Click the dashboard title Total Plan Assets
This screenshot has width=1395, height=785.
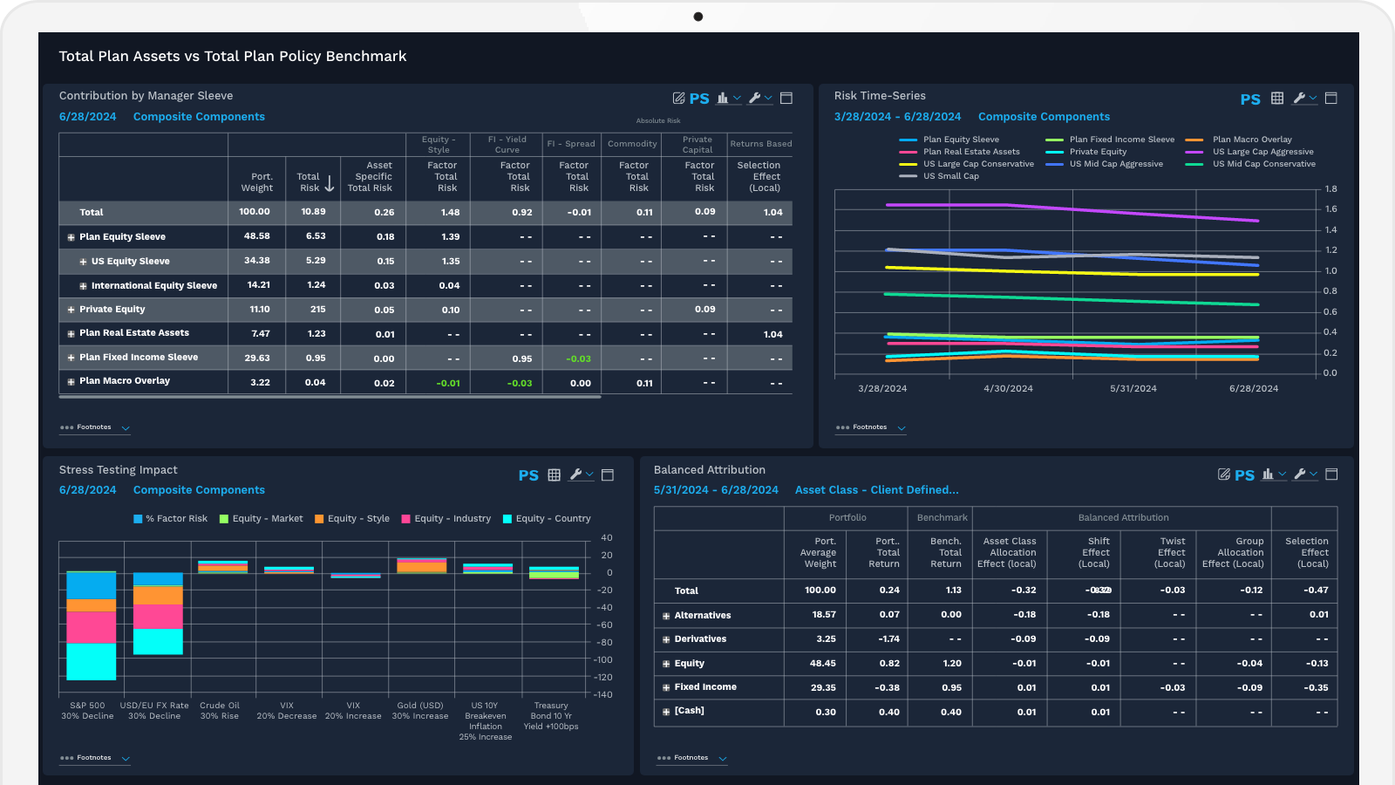click(232, 57)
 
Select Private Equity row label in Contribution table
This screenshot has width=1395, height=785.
click(112, 310)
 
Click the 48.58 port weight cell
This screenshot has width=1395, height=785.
click(256, 236)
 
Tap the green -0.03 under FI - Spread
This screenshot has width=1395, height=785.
click(578, 358)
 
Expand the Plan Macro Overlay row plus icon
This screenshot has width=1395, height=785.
click(71, 382)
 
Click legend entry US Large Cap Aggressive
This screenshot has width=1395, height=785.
click(1262, 152)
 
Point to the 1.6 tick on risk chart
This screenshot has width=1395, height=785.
click(1330, 209)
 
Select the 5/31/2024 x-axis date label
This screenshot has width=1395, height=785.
click(1133, 389)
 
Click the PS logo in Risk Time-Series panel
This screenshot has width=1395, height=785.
click(1249, 99)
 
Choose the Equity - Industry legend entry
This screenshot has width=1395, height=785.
click(452, 519)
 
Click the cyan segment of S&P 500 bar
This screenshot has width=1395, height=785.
click(91, 661)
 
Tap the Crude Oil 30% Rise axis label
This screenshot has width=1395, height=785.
click(219, 711)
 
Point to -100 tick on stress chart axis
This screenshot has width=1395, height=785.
click(603, 660)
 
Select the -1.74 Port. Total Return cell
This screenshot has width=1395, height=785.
click(888, 639)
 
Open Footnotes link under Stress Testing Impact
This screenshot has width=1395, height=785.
click(93, 758)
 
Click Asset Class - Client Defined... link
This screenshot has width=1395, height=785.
click(876, 490)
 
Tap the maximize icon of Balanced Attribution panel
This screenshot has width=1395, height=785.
click(1331, 474)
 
